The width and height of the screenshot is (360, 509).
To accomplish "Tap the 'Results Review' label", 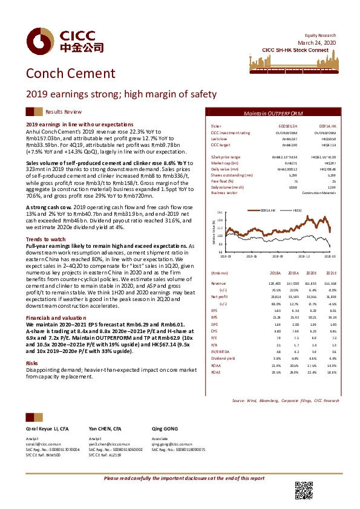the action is (x=64, y=112).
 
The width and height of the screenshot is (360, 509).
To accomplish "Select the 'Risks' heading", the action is (x=31, y=363).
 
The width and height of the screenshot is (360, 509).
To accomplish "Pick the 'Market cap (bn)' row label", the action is (x=219, y=163).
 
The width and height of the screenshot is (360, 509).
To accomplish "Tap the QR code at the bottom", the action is (x=302, y=490).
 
